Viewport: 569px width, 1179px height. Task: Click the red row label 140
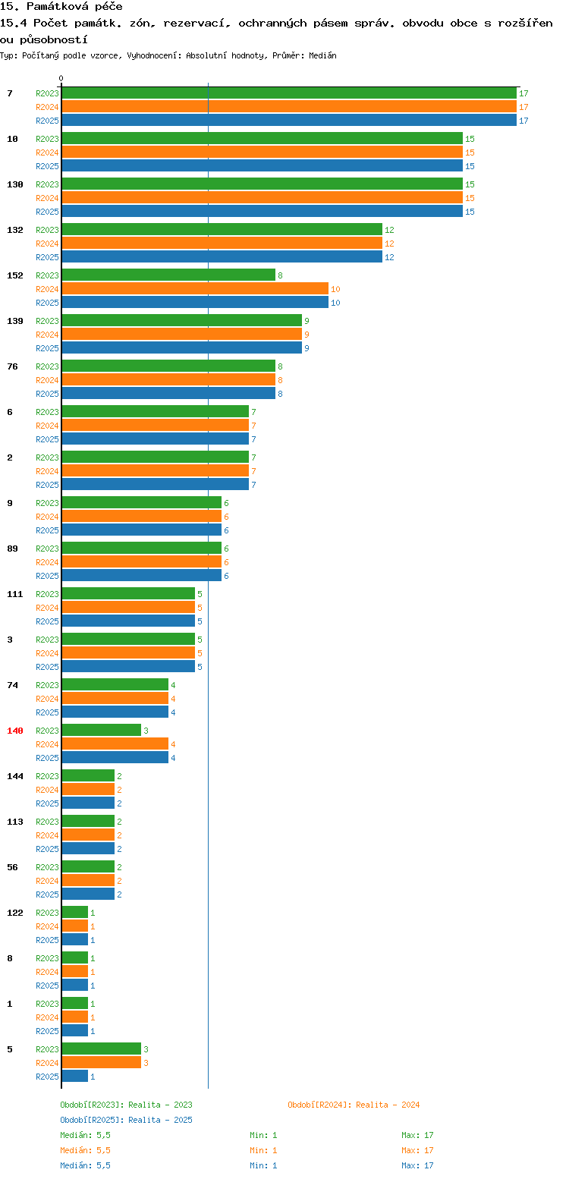point(15,731)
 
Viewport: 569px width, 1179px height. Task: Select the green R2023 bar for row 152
point(168,275)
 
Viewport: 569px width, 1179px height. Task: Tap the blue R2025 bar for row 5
point(75,1077)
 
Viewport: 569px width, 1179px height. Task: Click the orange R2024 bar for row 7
point(289,107)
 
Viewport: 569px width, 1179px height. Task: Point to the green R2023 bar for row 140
point(102,731)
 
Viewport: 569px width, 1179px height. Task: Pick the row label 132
point(15,230)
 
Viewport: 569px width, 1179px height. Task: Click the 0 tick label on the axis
point(61,78)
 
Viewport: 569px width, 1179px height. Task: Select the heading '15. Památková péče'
point(61,6)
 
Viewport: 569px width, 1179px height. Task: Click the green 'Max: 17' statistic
point(417,1135)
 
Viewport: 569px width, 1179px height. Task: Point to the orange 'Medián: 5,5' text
point(85,1150)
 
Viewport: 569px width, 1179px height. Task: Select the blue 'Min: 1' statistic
point(263,1165)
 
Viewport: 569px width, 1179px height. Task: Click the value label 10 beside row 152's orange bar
point(335,289)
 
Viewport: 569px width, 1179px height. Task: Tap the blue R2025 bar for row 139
point(182,348)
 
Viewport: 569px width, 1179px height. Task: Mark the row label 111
point(15,594)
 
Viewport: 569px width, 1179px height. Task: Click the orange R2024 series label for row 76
point(47,380)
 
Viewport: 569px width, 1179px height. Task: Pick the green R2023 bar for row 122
point(75,913)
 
